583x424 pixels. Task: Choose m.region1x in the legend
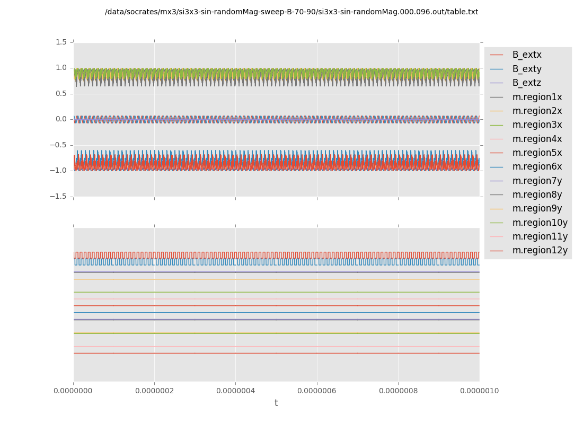(537, 97)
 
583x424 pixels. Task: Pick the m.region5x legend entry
(537, 153)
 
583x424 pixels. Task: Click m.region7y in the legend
(537, 181)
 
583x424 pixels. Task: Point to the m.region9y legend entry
(537, 208)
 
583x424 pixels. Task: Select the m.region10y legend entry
(540, 223)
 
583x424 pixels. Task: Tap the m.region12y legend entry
(540, 250)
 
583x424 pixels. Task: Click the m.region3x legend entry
(537, 125)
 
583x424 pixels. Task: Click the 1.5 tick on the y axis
(61, 42)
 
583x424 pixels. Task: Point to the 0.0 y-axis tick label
(61, 119)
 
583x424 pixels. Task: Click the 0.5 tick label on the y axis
(61, 93)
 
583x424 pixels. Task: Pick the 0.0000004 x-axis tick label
(235, 391)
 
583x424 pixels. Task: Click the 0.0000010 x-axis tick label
(479, 391)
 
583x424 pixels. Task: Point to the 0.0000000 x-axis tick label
(74, 391)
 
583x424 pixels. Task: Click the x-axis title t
(276, 403)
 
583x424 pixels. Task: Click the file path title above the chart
(291, 12)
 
